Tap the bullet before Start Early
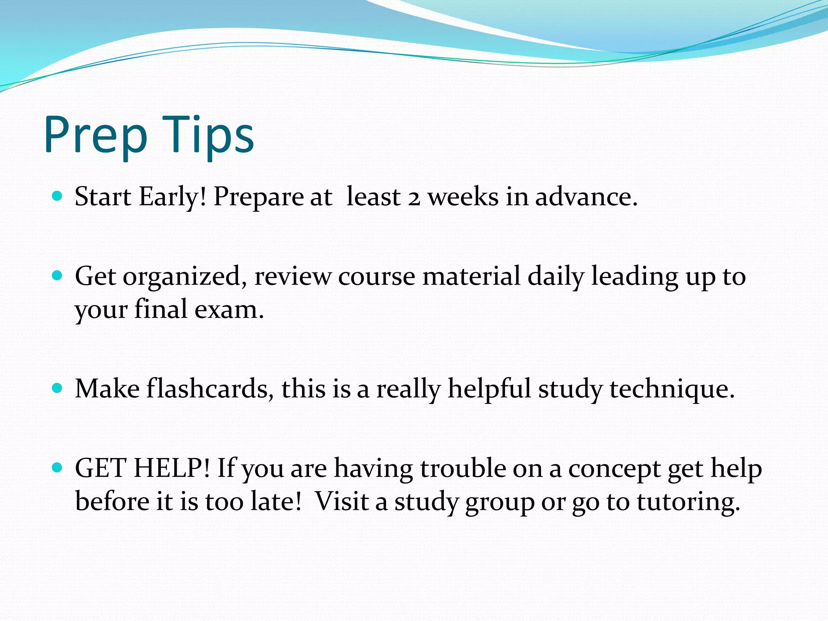pos(57,196)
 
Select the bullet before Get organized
pos(57,276)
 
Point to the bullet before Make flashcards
pos(57,388)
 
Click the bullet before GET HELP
pos(57,468)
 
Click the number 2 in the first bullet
pos(414,198)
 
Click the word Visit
pos(341,501)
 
